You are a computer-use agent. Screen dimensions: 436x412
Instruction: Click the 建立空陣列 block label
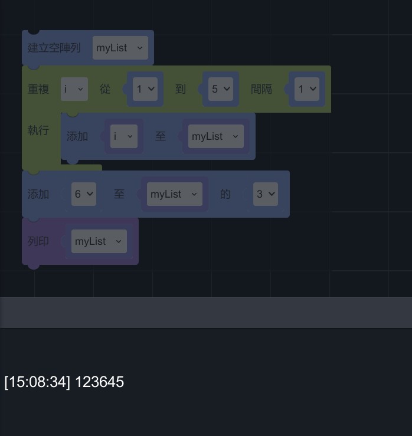coord(54,48)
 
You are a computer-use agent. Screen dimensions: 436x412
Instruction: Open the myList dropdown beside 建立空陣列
coord(120,48)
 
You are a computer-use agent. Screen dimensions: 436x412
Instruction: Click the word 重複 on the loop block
coord(38,89)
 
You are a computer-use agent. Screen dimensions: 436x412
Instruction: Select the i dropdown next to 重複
coord(74,89)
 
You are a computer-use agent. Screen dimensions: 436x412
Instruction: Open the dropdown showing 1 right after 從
coord(145,89)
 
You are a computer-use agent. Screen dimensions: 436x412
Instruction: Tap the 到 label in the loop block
coord(180,89)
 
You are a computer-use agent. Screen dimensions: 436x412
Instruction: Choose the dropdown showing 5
coord(221,89)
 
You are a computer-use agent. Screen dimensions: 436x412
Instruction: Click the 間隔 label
coord(261,89)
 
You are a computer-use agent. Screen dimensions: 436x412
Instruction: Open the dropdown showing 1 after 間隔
coord(308,89)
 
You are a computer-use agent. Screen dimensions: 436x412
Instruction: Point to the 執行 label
coord(38,130)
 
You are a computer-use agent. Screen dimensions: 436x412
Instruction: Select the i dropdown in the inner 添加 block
coord(123,136)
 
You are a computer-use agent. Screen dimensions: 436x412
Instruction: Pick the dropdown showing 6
coord(84,194)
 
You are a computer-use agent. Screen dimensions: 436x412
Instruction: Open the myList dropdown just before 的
coord(174,194)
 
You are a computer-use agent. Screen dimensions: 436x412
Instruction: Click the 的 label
coord(225,194)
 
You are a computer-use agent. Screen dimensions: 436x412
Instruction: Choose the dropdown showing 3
coord(266,194)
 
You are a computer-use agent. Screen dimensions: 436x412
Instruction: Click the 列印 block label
coord(38,241)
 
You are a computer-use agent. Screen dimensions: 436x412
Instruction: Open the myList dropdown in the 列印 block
coord(99,241)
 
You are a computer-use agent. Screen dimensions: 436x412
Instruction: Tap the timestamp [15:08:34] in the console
coord(37,382)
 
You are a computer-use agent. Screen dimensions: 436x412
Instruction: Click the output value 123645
coord(100,382)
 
